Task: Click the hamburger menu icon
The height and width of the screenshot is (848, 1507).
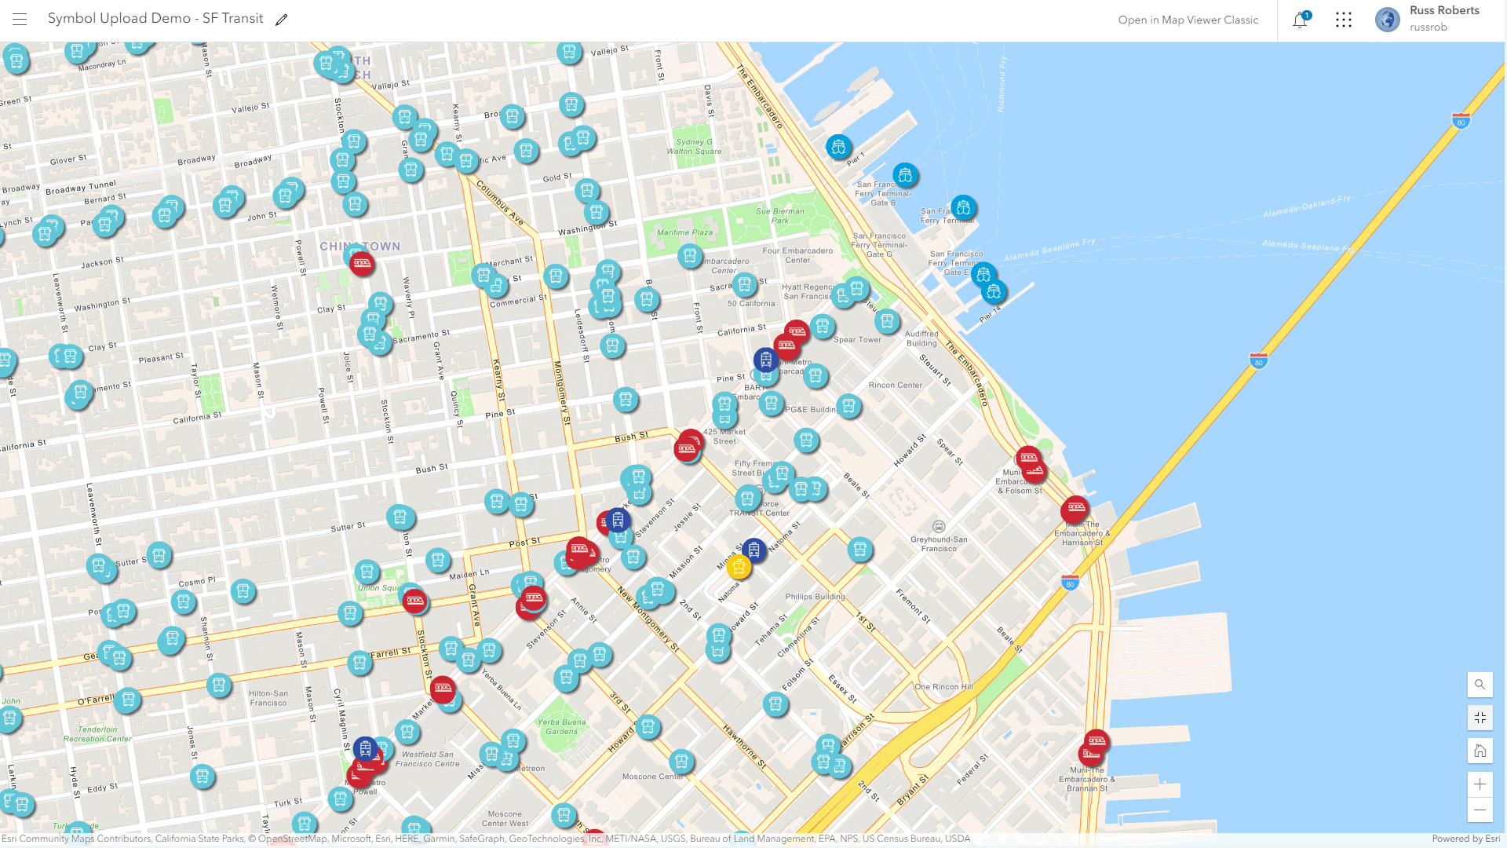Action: (20, 20)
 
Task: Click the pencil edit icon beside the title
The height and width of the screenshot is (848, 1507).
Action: (282, 20)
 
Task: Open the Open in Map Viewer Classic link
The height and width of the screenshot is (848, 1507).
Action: (1188, 20)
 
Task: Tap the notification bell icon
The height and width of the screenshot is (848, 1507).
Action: (1300, 20)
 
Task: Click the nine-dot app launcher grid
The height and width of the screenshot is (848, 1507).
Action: (1344, 20)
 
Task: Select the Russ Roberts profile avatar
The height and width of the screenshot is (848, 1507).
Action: (1387, 20)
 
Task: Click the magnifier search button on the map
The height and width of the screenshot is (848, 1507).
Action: (1480, 685)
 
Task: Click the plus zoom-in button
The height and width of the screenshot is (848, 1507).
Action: (1480, 784)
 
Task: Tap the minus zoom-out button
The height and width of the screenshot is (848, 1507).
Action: (1480, 810)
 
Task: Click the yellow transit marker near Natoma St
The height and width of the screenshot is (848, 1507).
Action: (738, 566)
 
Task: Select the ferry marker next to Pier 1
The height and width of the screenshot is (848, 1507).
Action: (838, 147)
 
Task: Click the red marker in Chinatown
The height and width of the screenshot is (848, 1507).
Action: (362, 264)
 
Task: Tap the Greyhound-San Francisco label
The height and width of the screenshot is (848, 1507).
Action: (939, 543)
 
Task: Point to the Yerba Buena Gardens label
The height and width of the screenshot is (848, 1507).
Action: (562, 726)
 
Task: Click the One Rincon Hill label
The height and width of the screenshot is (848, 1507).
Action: (943, 686)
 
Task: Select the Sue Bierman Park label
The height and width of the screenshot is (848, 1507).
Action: (779, 215)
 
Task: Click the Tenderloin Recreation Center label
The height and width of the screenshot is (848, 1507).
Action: (97, 734)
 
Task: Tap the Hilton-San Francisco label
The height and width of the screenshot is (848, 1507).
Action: (268, 698)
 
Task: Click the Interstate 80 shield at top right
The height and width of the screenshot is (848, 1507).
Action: (1461, 122)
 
